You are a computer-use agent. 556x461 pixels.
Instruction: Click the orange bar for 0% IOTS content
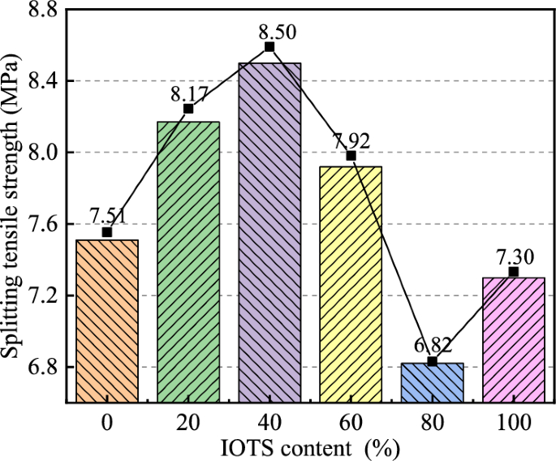[x=107, y=321]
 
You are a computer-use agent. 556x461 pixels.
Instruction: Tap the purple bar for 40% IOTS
[x=269, y=232]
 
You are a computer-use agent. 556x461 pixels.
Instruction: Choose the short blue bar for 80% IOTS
[x=432, y=382]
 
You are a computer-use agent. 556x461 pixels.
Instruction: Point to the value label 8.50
[x=278, y=32]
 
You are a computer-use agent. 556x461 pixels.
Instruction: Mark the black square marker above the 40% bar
[x=269, y=47]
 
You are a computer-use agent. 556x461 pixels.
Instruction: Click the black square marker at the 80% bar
[x=432, y=361]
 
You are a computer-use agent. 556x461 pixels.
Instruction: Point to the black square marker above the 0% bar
[x=107, y=232]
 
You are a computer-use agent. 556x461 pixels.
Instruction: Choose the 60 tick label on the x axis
[x=351, y=422]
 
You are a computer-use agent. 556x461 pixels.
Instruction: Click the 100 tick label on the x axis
[x=513, y=422]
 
